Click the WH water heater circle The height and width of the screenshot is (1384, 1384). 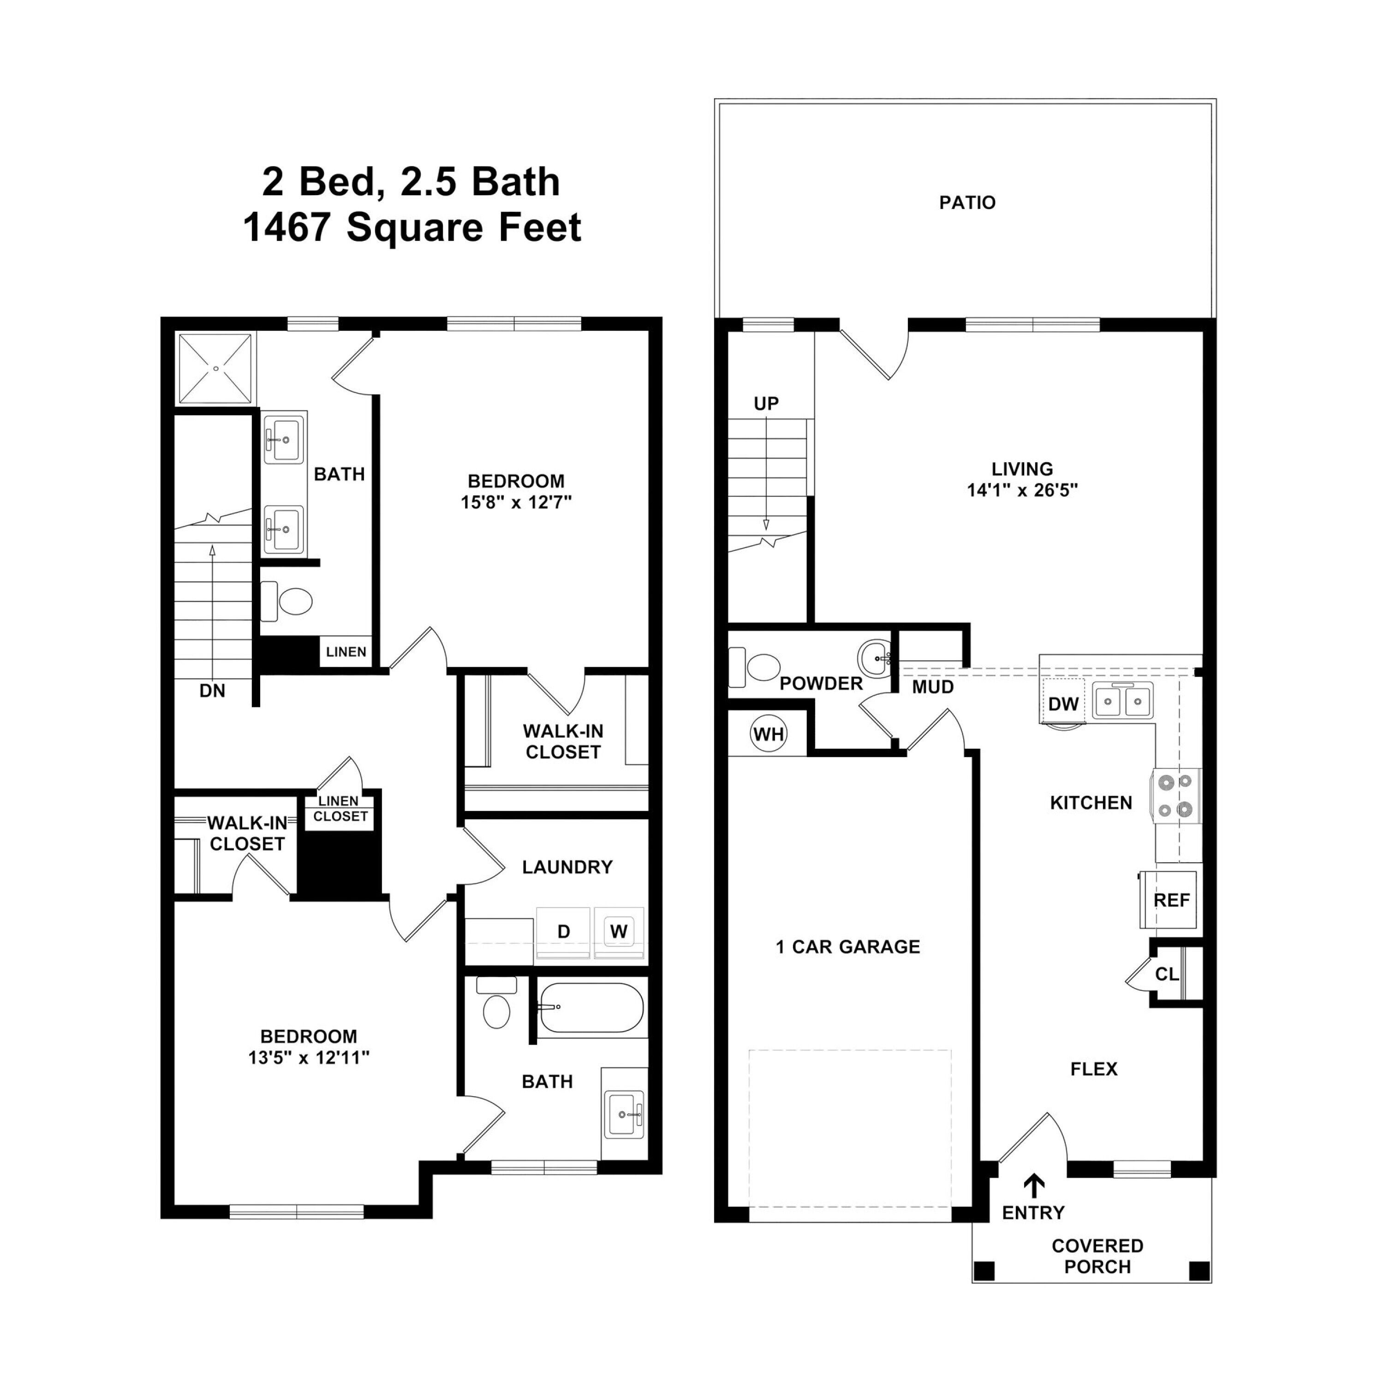click(x=768, y=734)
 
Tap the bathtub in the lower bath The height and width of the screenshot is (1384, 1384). click(x=591, y=1007)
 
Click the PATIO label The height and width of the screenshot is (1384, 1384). click(x=967, y=203)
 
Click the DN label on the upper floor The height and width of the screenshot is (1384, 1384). click(x=212, y=691)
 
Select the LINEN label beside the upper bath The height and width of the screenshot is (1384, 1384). click(x=346, y=652)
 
